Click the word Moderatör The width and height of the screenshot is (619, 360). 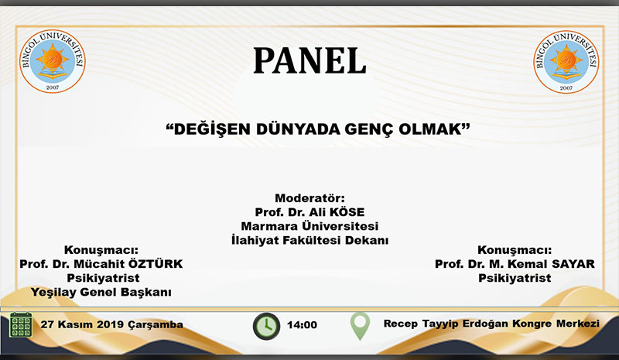(x=309, y=198)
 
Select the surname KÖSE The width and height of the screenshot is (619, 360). (x=347, y=212)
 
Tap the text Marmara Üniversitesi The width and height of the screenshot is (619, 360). (x=309, y=226)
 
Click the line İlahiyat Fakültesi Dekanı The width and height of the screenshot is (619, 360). (x=309, y=240)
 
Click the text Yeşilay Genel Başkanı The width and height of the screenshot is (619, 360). (x=100, y=292)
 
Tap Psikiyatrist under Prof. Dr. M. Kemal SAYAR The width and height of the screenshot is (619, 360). (x=515, y=278)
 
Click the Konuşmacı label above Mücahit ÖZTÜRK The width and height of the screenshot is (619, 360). (x=101, y=250)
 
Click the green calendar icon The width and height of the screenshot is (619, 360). (x=20, y=324)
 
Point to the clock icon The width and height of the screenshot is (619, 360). (x=266, y=324)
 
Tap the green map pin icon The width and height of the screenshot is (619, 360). (x=359, y=324)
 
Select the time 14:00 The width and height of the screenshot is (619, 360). (x=303, y=324)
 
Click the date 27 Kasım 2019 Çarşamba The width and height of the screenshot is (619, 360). (x=112, y=324)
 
